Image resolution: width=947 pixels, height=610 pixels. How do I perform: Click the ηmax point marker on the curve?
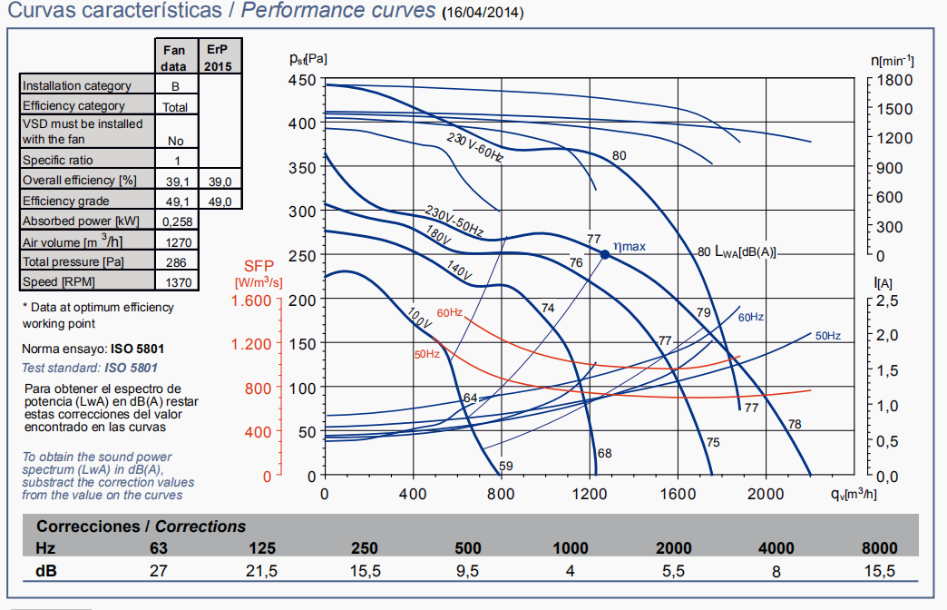(605, 254)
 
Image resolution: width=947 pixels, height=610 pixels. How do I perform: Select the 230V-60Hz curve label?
(475, 146)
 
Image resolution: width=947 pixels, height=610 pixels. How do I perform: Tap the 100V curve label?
(418, 317)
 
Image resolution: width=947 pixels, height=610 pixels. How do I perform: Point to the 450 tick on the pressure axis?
(302, 80)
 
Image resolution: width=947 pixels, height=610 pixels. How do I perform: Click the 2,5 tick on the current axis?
(890, 300)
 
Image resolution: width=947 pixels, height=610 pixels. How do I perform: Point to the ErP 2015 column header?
(219, 58)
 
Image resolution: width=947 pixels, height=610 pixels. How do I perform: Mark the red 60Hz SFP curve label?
(450, 313)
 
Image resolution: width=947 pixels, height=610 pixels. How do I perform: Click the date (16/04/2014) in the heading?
(482, 14)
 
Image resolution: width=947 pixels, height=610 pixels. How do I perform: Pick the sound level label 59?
(506, 467)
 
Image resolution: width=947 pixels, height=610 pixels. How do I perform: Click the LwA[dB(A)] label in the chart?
(746, 251)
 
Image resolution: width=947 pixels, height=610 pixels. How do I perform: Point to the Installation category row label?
(77, 85)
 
